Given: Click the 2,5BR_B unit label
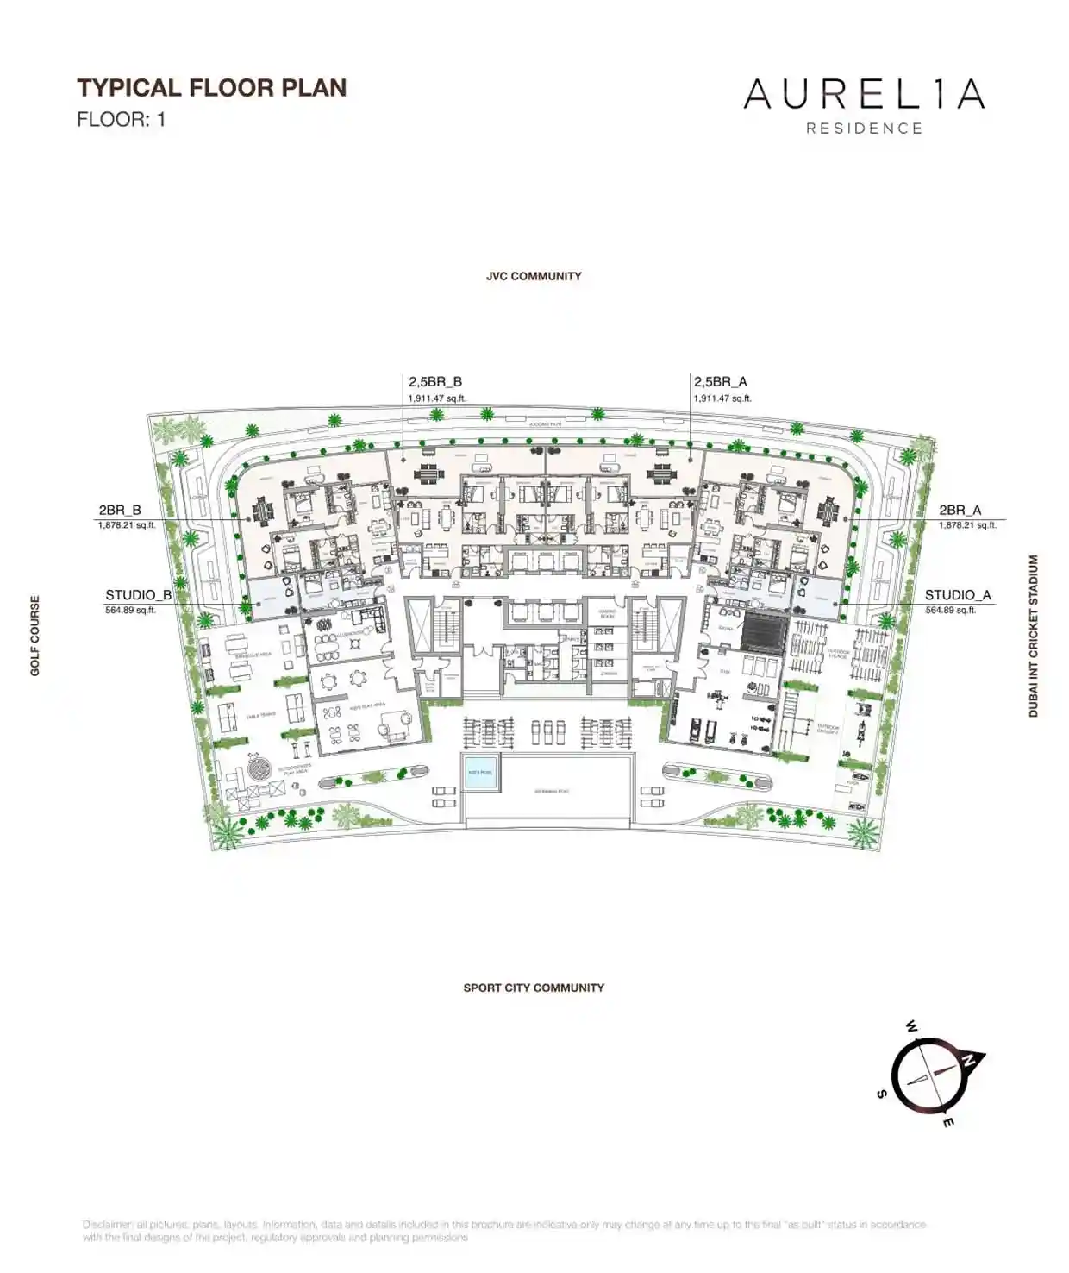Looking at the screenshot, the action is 435,381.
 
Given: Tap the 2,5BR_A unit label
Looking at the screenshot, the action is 720,381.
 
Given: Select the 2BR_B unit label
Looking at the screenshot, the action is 120,511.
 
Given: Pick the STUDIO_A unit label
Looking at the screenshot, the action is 958,595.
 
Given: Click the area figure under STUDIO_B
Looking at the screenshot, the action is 130,610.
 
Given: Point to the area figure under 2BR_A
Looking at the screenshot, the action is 967,524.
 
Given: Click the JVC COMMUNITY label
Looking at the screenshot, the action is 534,276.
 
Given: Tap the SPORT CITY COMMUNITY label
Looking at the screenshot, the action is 534,988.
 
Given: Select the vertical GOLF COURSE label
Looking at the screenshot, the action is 35,636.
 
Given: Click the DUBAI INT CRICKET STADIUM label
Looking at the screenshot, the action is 1033,636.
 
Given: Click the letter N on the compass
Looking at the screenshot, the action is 971,1060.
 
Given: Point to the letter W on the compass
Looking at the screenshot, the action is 911,1026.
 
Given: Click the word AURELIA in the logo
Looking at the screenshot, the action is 864,94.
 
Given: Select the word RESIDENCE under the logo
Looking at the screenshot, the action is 864,129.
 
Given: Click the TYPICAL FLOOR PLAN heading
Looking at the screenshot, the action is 212,88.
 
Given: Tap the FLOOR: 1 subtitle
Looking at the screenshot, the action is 121,119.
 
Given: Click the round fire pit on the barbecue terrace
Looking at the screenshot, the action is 258,767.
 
